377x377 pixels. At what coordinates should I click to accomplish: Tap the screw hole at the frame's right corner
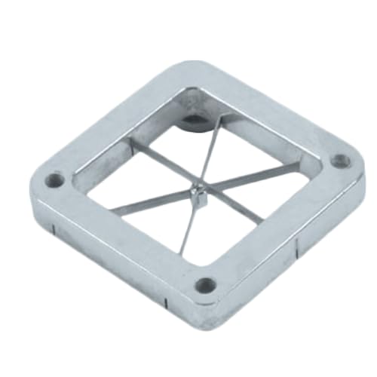tap(340, 160)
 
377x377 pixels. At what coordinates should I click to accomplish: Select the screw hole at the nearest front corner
tap(204, 284)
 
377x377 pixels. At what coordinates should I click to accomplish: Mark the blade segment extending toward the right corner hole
tap(249, 179)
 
